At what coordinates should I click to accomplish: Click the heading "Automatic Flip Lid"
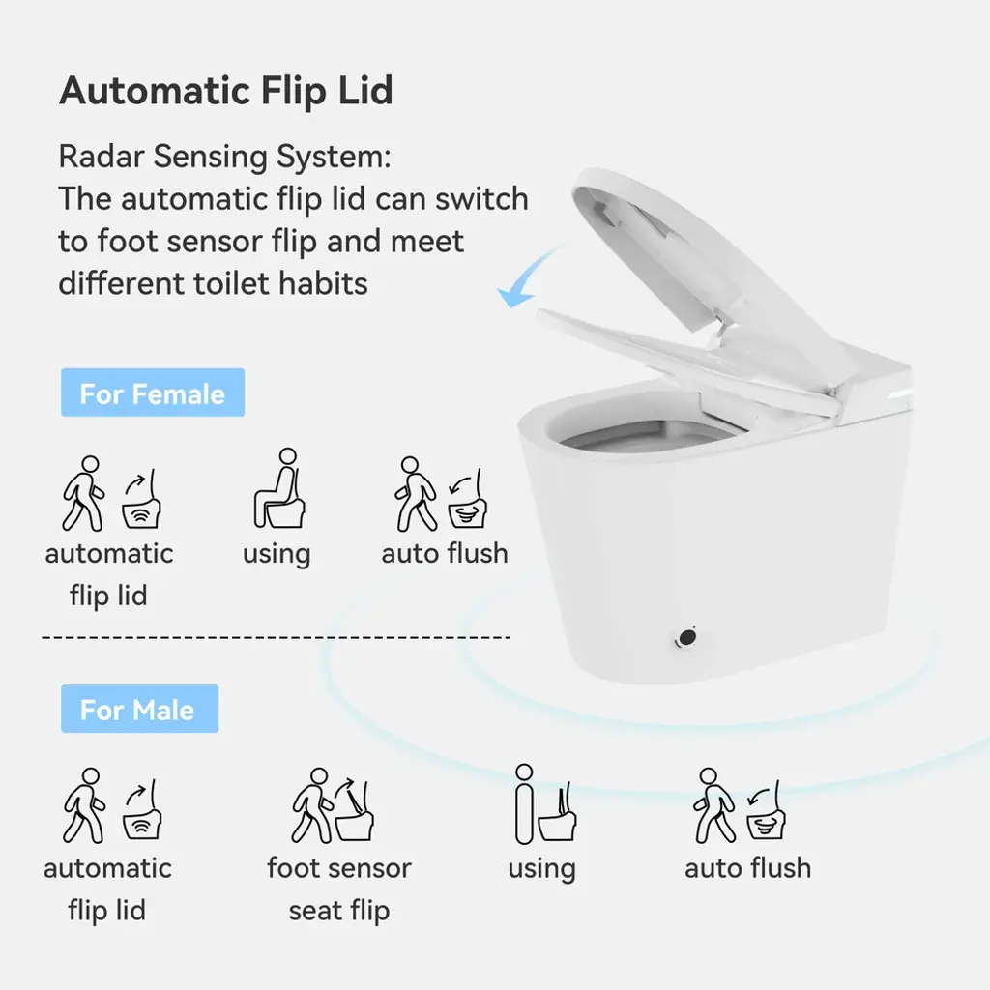coord(226,91)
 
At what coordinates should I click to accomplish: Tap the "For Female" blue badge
coord(153,393)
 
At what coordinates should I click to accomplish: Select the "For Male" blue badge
coord(139,709)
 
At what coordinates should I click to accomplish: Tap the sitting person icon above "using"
coord(279,488)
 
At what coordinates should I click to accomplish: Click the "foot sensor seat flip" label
coord(339,889)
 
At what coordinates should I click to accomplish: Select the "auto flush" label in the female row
coord(445,554)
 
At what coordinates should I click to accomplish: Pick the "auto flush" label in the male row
coord(747,868)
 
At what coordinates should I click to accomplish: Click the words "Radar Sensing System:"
coord(224,158)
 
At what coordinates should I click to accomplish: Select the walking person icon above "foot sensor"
coord(312,805)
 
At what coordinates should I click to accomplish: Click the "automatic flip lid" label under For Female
coord(108,574)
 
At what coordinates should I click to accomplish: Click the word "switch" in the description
coord(482,199)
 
